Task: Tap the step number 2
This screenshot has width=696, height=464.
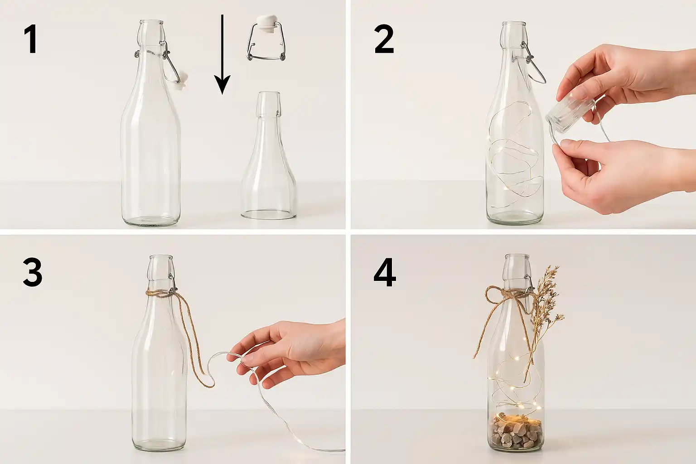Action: [x=384, y=39]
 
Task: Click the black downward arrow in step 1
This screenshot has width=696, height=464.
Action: [x=222, y=54]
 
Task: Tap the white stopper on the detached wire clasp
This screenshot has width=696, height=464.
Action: [x=265, y=23]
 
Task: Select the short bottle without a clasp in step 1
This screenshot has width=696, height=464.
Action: [x=269, y=155]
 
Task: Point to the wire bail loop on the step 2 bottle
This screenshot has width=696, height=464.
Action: [x=535, y=67]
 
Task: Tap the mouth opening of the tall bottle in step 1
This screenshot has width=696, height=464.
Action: [x=151, y=22]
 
